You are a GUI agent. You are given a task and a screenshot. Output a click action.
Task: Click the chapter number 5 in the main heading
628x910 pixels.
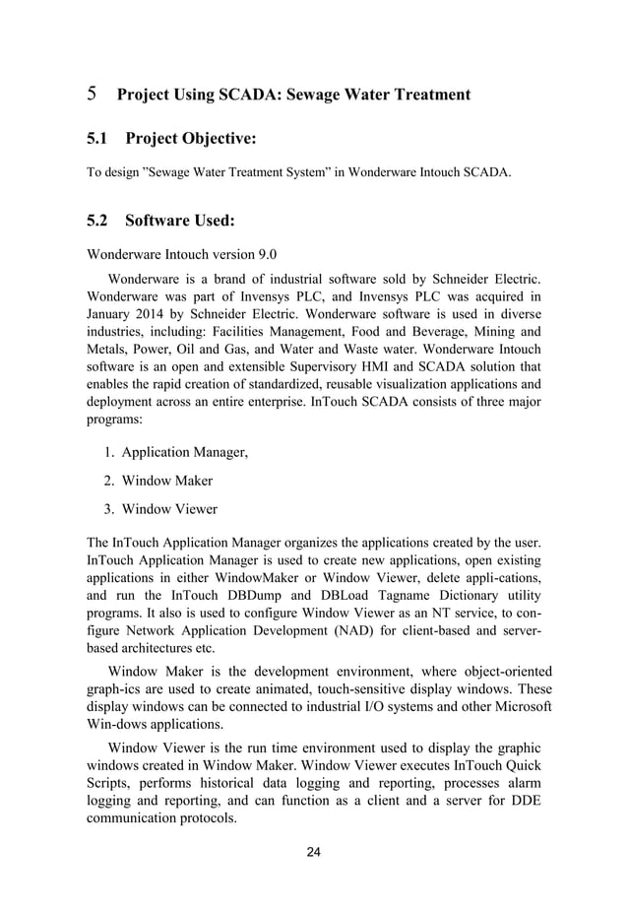(x=92, y=96)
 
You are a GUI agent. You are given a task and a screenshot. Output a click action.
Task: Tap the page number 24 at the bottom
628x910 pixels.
(x=314, y=852)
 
